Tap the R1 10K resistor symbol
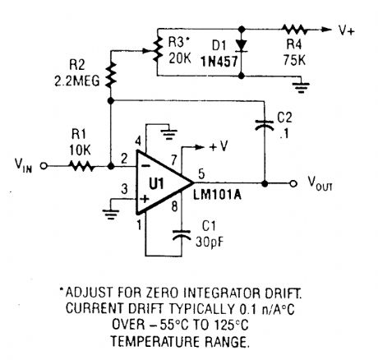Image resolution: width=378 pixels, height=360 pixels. [81, 165]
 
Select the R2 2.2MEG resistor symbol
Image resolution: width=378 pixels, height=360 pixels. [111, 76]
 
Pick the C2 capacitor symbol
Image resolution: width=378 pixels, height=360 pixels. [263, 126]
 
